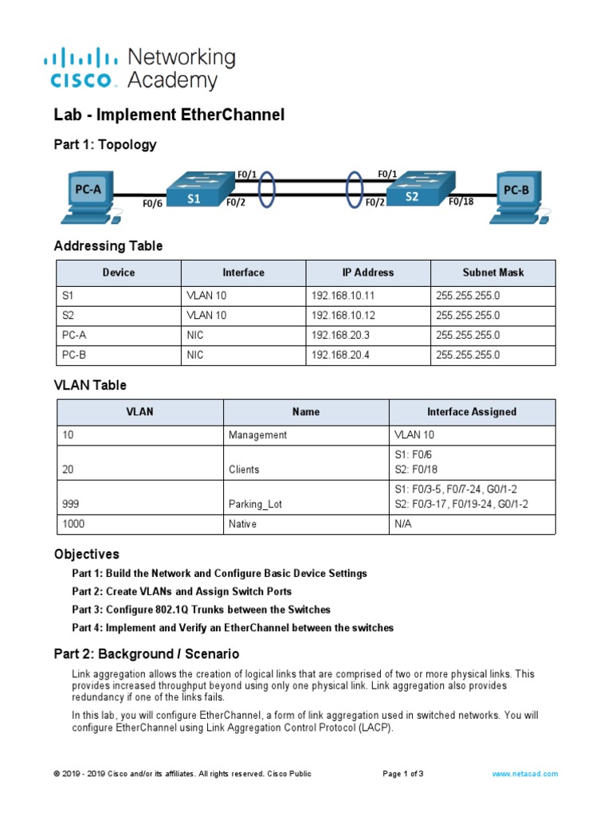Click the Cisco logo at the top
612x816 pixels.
coord(84,69)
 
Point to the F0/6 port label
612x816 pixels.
coord(153,204)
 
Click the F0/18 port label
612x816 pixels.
coord(461,202)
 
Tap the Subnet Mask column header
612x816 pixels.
coord(493,273)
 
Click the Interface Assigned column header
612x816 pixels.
coord(471,412)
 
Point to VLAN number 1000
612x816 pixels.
coord(73,524)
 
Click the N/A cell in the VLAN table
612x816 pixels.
coord(404,524)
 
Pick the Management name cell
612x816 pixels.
coord(257,435)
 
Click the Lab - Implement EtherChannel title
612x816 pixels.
coord(169,116)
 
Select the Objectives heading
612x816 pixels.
coord(86,554)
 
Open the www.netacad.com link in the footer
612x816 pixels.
coord(524,774)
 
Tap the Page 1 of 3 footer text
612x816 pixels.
coord(402,774)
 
